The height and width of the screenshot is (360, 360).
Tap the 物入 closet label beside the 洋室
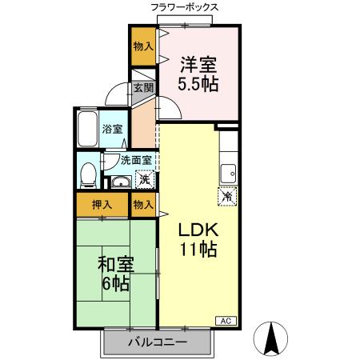pyautogui.click(x=143, y=46)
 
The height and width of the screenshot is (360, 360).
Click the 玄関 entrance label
pyautogui.click(x=143, y=89)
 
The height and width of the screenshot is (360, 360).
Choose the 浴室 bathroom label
pyautogui.click(x=112, y=129)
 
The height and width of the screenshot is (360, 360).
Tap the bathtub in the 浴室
pyautogui.click(x=87, y=128)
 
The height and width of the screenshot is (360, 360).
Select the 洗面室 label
pyautogui.click(x=136, y=159)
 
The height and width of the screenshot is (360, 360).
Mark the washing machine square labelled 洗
pyautogui.click(x=143, y=180)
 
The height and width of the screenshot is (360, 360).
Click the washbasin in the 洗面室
pyautogui.click(x=120, y=182)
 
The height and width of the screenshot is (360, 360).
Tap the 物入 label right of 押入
pyautogui.click(x=143, y=206)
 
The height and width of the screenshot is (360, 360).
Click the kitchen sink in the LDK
pyautogui.click(x=230, y=170)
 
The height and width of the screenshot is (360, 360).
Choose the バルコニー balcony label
pyautogui.click(x=158, y=342)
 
